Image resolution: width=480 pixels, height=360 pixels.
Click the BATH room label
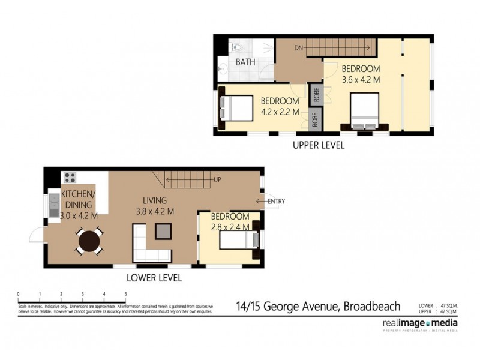coord(244,62)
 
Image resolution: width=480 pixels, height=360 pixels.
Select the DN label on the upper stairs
coord(299,47)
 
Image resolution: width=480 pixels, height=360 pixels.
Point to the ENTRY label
coord(277,201)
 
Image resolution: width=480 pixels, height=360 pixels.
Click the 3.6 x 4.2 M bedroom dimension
coord(361,79)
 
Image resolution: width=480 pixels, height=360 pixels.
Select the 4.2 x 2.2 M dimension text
coord(280,112)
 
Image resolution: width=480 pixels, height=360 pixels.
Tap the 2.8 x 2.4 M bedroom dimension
coord(230,227)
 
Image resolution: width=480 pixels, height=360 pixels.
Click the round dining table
coord(89,242)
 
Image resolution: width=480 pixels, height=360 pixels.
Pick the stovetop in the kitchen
coord(70,178)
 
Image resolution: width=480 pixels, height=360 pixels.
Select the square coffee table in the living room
coord(163,230)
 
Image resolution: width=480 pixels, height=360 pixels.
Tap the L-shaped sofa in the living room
coord(144,246)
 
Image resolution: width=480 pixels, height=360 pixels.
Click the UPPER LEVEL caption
coord(318,145)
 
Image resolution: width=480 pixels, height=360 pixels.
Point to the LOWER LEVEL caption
coord(154,278)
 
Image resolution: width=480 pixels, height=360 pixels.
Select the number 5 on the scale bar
coord(125,294)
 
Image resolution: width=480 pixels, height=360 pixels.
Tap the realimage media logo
coord(420,325)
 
